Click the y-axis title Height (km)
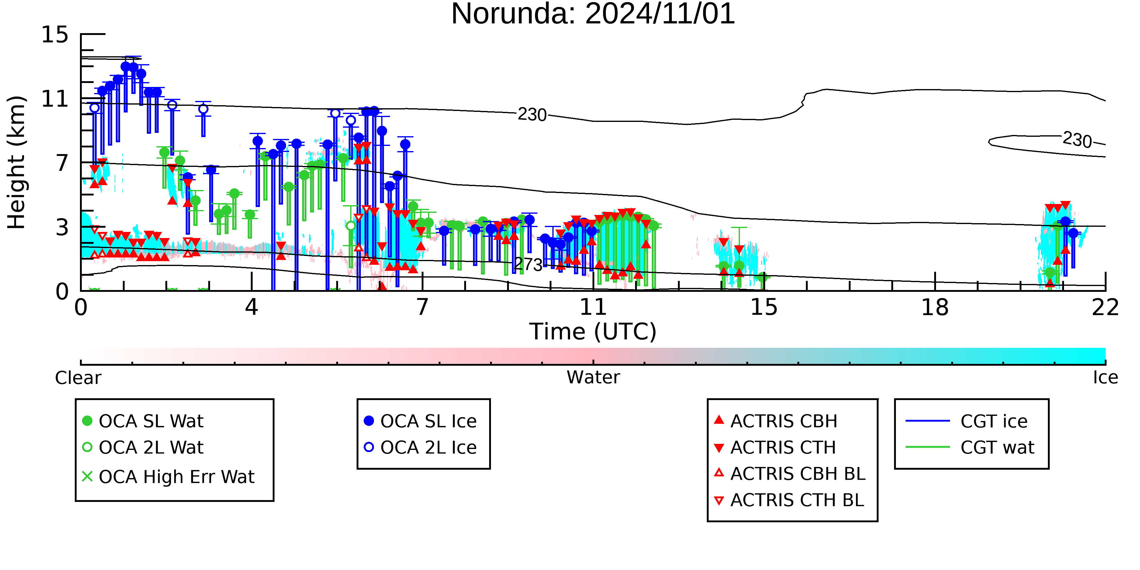click(16, 162)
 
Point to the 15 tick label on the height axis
click(55, 35)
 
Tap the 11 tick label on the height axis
click(55, 99)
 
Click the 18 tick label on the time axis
click(935, 307)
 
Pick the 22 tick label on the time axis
click(1105, 307)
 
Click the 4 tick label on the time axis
click(251, 307)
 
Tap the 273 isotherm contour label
click(528, 265)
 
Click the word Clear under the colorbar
click(78, 378)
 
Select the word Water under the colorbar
click(593, 378)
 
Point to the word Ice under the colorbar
click(1105, 378)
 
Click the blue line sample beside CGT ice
click(928, 421)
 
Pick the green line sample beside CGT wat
click(928, 447)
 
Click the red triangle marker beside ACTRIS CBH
click(719, 420)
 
